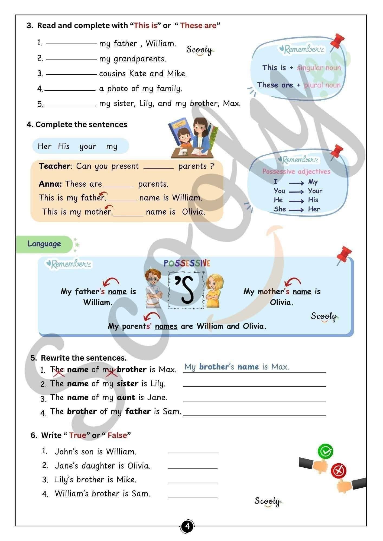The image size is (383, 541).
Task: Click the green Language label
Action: click(x=44, y=244)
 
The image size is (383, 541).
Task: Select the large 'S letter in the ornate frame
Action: click(x=186, y=290)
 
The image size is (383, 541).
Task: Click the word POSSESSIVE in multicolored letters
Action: click(x=187, y=263)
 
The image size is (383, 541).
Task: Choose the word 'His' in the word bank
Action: click(x=64, y=146)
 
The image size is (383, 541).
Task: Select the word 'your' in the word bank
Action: click(x=88, y=147)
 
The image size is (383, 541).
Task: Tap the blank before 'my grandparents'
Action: click(x=71, y=59)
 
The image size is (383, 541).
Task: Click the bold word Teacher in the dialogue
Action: click(x=54, y=166)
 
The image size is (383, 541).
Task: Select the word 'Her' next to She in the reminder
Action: click(x=314, y=209)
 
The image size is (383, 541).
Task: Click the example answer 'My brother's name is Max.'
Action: click(x=236, y=367)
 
